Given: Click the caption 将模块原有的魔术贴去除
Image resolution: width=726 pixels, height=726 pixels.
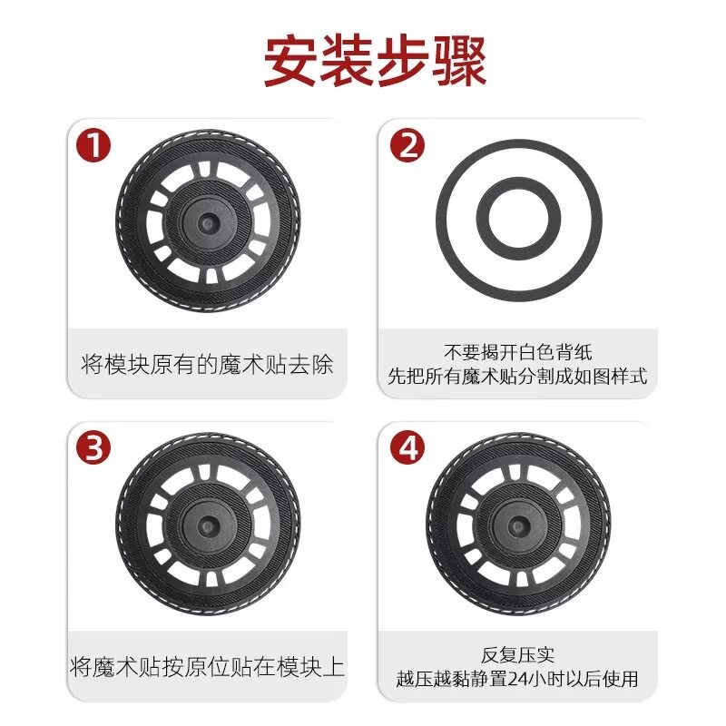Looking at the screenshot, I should coord(207,365).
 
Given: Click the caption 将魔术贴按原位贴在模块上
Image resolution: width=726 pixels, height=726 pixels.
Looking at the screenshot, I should coord(207,667).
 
